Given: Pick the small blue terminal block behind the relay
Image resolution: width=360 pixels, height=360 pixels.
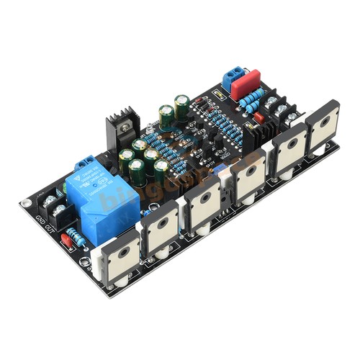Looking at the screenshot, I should (x=85, y=164).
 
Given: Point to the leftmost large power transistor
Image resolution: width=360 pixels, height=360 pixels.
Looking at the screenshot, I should (x=117, y=256).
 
